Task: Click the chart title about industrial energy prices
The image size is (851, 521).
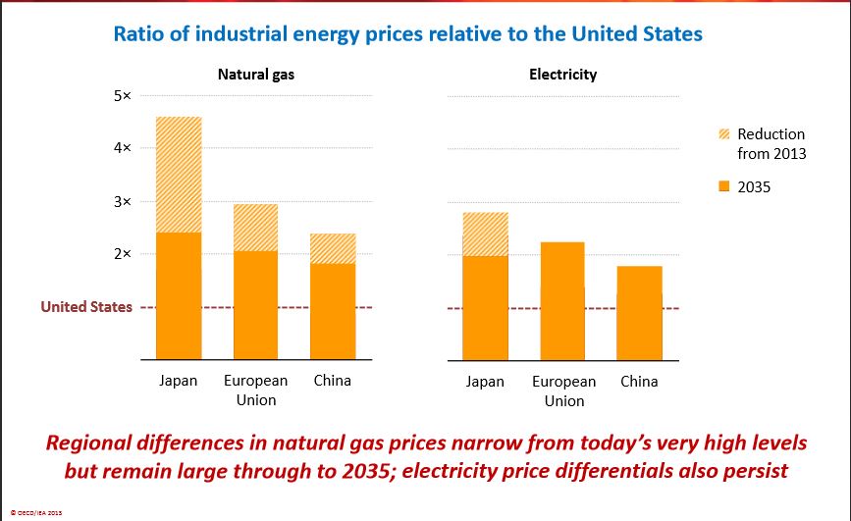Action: click(x=408, y=34)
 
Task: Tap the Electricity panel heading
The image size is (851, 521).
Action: click(x=562, y=75)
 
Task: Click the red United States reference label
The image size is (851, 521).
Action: click(x=86, y=307)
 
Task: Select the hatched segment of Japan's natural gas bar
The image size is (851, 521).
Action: click(x=179, y=175)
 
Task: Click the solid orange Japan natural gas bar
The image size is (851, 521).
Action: click(x=179, y=294)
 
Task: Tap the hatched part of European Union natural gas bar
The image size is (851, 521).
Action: click(x=255, y=228)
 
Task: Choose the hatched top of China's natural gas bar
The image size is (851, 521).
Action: click(x=332, y=248)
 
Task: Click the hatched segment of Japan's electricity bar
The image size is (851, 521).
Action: click(x=485, y=234)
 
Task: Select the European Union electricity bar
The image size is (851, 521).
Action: click(x=561, y=300)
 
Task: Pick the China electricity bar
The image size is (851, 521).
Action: click(x=638, y=312)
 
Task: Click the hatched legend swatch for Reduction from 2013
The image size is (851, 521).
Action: click(x=724, y=135)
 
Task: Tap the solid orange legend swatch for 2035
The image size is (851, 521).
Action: click(x=724, y=186)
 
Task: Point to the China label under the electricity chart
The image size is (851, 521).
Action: click(x=639, y=381)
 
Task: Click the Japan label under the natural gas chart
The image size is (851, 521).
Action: click(x=179, y=381)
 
